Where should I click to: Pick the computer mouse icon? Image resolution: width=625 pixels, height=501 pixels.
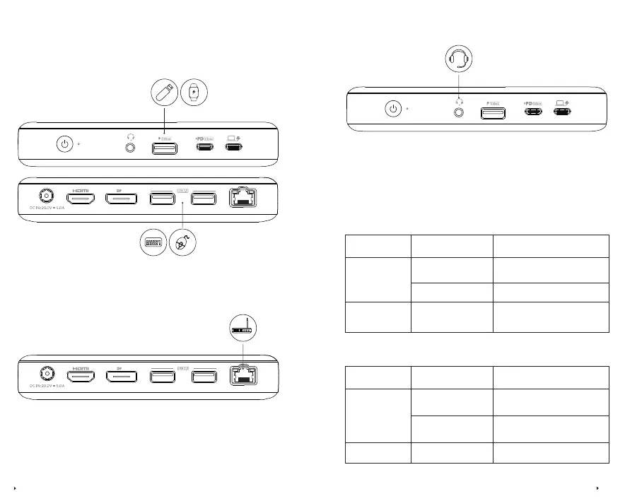click(x=182, y=243)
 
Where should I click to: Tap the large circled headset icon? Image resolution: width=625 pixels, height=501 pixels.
click(x=460, y=57)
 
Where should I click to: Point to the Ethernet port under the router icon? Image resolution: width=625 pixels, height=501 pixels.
click(x=243, y=376)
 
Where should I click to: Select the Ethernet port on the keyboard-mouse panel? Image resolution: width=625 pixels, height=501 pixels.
click(x=243, y=198)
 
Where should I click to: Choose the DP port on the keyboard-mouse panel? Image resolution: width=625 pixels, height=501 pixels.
click(x=122, y=198)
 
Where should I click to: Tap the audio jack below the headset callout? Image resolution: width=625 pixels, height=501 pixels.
click(x=460, y=112)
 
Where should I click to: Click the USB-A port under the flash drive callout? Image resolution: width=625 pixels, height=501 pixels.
click(x=165, y=148)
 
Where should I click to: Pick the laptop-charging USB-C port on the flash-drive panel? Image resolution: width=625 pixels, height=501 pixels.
click(x=233, y=148)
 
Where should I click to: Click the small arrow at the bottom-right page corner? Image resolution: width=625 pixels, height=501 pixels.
click(x=598, y=488)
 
